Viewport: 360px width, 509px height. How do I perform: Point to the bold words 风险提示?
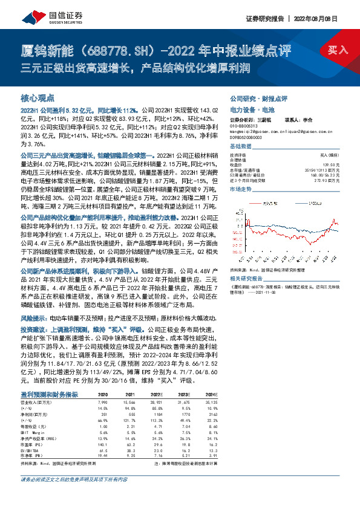point(33,317)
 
